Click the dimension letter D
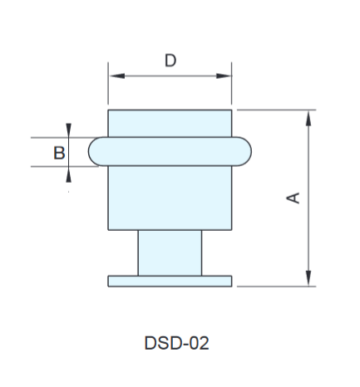pos(170,61)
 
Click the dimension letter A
pos(293,198)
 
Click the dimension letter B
pos(59,153)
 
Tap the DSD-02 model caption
pos(176,343)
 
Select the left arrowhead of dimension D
pos(117,76)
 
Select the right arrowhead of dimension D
pos(223,76)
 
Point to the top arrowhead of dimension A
pos(308,118)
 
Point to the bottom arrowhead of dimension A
pos(308,278)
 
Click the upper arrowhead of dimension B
pos(68,130)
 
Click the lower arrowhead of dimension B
pos(68,174)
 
